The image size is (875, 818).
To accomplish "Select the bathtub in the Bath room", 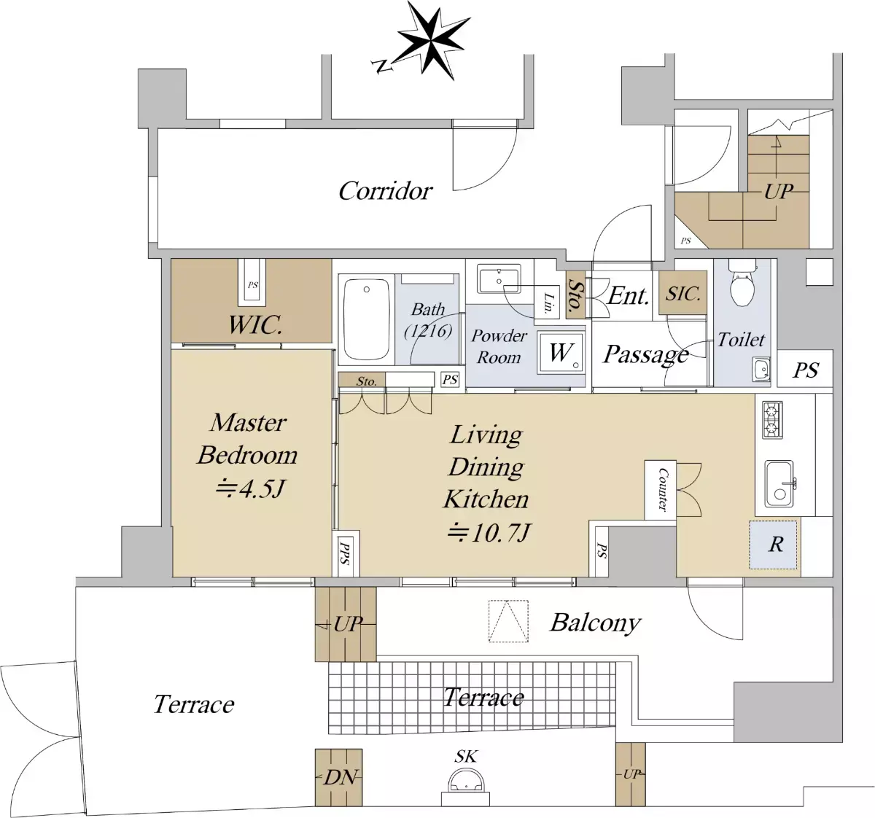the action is click(x=366, y=318).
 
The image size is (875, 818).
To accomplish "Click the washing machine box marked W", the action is click(x=561, y=352).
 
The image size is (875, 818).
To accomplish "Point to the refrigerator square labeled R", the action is click(x=773, y=545).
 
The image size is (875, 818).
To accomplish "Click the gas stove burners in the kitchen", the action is click(x=772, y=420).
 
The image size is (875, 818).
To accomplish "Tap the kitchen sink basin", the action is click(x=779, y=483).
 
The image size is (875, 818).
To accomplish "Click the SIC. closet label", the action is click(x=682, y=294).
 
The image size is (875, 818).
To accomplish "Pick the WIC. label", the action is click(x=254, y=325).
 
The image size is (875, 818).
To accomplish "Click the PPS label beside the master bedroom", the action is click(x=345, y=553).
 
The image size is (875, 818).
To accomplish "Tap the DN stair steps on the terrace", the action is click(x=338, y=777).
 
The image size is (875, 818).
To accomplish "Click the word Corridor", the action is click(x=385, y=191).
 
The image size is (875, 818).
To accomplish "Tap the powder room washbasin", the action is click(x=499, y=278).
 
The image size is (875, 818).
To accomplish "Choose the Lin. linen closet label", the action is click(x=548, y=303).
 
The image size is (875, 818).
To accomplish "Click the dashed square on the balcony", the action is click(x=508, y=621).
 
